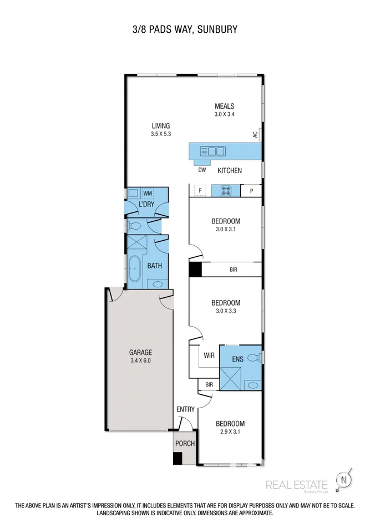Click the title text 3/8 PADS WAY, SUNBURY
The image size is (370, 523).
tap(185, 29)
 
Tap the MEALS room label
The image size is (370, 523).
tap(225, 106)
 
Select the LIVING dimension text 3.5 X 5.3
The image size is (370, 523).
tap(160, 134)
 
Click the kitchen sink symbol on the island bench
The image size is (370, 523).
tap(212, 150)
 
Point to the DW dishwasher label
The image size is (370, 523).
tap(202, 170)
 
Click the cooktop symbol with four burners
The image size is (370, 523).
tap(226, 190)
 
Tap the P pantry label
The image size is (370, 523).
tap(251, 191)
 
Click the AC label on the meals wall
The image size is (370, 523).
tap(255, 134)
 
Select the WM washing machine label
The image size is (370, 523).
tap(148, 194)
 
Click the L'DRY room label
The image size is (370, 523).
tap(146, 205)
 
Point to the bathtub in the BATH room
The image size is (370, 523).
tap(134, 270)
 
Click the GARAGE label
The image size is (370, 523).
tap(140, 352)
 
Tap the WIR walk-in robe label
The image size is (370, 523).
tap(208, 356)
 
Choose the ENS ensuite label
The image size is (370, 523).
tap(237, 359)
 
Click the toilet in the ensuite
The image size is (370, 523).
tap(254, 358)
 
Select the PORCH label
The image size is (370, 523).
tap(184, 443)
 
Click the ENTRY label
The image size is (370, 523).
tap(185, 409)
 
